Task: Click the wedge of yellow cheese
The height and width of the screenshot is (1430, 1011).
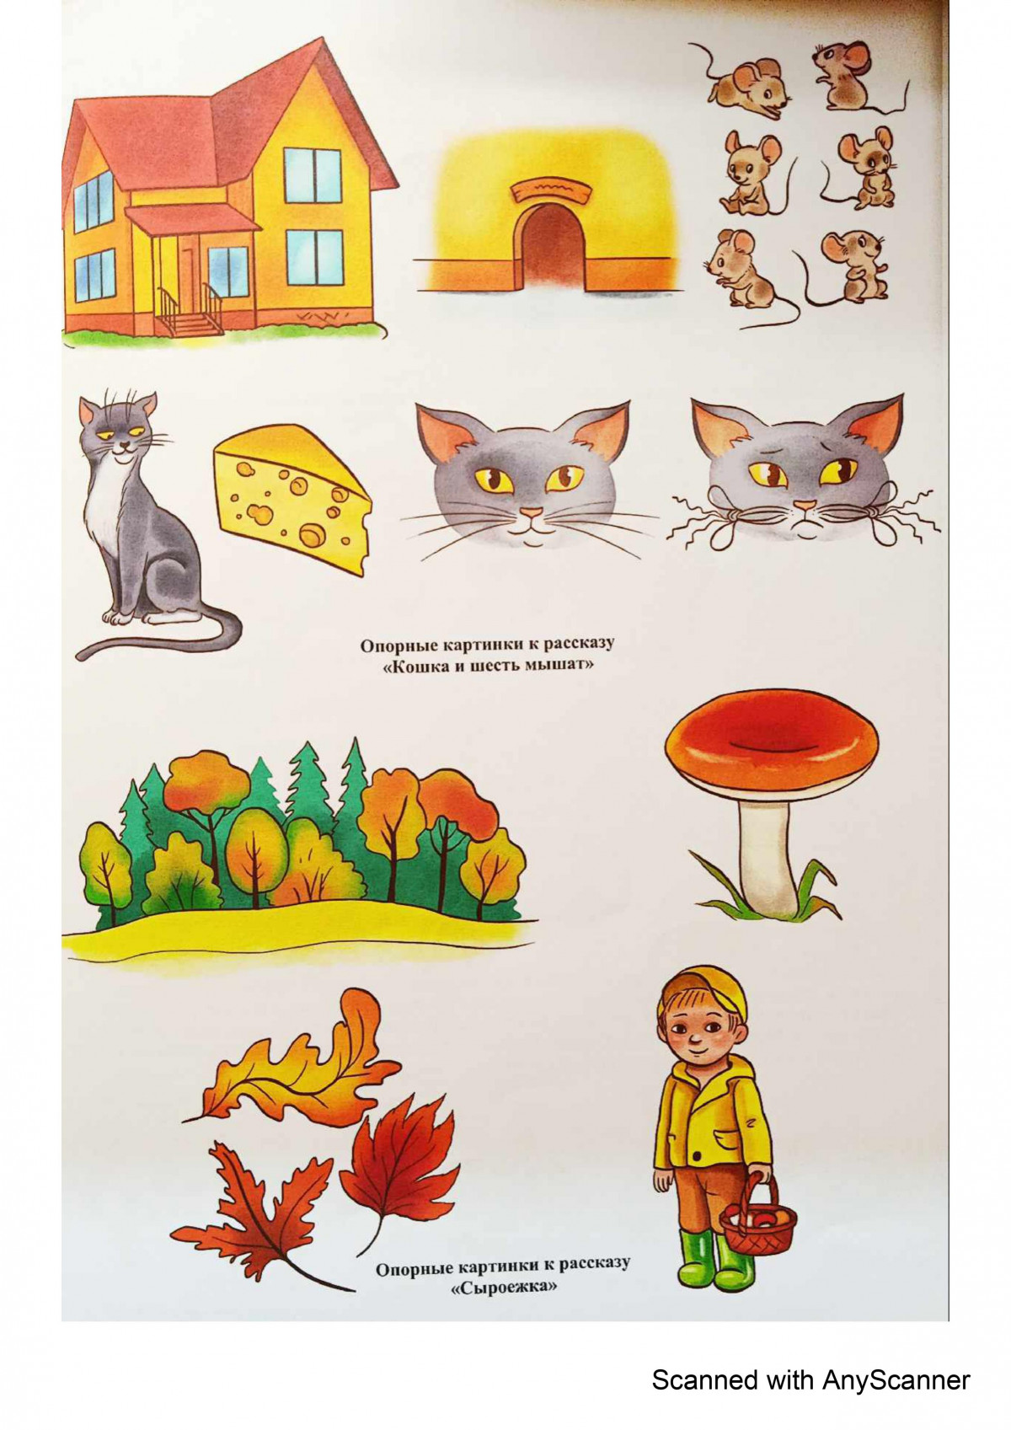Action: pyautogui.click(x=292, y=497)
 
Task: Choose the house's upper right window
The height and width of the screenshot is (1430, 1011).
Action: pyautogui.click(x=313, y=175)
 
